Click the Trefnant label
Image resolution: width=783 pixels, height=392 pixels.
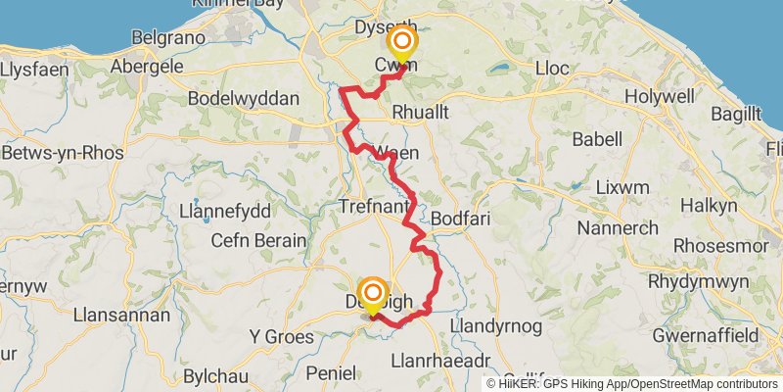coord(371,207)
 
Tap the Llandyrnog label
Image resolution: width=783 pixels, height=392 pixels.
coord(495,324)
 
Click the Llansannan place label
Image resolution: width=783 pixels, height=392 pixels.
coord(121,317)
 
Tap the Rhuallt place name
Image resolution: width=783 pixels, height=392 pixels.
coord(420,113)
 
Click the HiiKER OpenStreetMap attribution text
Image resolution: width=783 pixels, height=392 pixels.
coord(632,383)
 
